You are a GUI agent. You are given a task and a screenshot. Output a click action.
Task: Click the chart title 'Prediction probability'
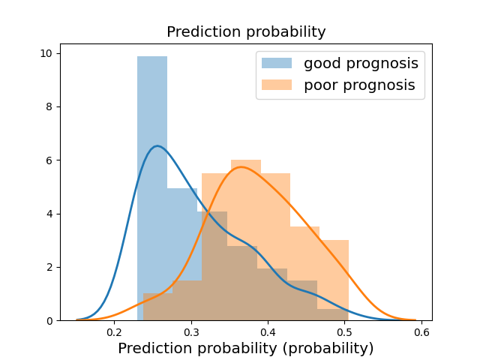point(246,31)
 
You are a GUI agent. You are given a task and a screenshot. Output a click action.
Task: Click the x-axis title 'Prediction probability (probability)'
point(246,348)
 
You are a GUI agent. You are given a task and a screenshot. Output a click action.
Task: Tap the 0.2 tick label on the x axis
point(115,332)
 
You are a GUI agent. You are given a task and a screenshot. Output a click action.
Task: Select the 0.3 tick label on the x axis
point(191,332)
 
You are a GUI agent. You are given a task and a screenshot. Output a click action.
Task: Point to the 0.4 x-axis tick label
point(268,332)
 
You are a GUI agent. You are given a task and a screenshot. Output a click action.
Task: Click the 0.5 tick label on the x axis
point(345,332)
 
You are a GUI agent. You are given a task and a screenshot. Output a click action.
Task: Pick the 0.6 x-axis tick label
point(421,332)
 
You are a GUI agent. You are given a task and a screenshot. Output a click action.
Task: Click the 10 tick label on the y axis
point(46,53)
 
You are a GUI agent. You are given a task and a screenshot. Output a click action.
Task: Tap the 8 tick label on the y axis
point(49,106)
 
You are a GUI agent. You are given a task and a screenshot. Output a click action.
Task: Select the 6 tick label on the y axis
point(49,160)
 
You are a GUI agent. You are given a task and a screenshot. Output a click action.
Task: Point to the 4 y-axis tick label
point(49,214)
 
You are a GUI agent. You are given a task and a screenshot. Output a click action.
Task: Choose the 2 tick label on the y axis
point(49,268)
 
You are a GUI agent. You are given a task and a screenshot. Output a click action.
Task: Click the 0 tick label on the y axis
point(49,321)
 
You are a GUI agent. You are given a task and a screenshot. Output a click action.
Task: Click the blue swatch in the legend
point(277,63)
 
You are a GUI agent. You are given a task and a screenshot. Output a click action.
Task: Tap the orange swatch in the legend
point(277,85)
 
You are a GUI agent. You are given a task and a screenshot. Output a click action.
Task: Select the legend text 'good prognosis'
point(361,63)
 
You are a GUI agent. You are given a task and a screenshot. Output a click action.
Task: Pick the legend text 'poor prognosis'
point(359,85)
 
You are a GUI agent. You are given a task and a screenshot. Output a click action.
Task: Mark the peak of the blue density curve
point(157,146)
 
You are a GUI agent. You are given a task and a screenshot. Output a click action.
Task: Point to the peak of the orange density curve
point(241,166)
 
